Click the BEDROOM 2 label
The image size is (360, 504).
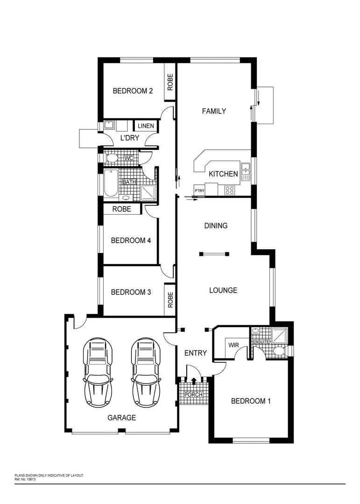[133, 91]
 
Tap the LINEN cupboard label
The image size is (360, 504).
[146, 126]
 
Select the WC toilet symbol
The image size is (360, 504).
[111, 159]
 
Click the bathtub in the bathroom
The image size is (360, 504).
[111, 183]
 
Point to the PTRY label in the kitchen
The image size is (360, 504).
[199, 190]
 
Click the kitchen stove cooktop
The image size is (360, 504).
[230, 190]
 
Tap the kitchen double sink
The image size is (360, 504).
[246, 172]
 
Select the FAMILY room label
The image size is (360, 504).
[214, 111]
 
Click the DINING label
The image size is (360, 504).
[216, 226]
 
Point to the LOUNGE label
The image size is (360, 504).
[223, 290]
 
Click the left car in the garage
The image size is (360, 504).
[98, 373]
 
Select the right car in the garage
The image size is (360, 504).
[146, 373]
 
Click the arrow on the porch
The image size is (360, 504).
[194, 382]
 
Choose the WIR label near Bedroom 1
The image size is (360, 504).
[233, 345]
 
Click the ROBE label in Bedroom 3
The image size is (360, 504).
[170, 300]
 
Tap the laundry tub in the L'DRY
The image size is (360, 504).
[109, 125]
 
